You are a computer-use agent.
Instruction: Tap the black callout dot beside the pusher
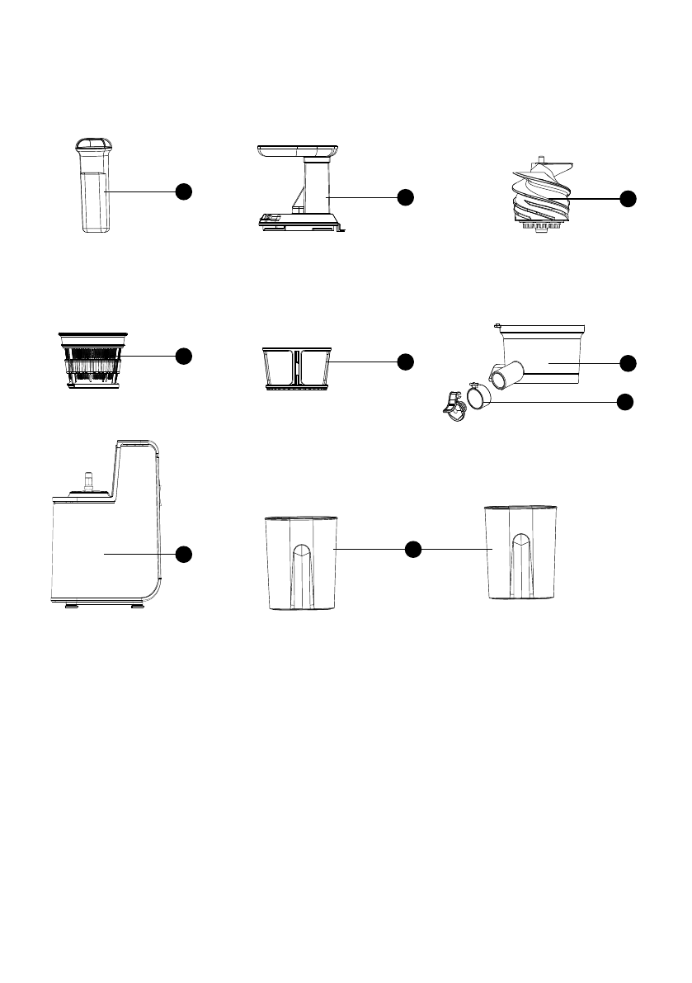click(x=183, y=191)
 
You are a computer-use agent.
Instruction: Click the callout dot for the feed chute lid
click(x=404, y=196)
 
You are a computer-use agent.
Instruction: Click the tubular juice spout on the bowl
click(x=504, y=376)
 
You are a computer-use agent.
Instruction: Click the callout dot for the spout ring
click(x=626, y=402)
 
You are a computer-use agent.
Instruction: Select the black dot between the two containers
click(x=414, y=548)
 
